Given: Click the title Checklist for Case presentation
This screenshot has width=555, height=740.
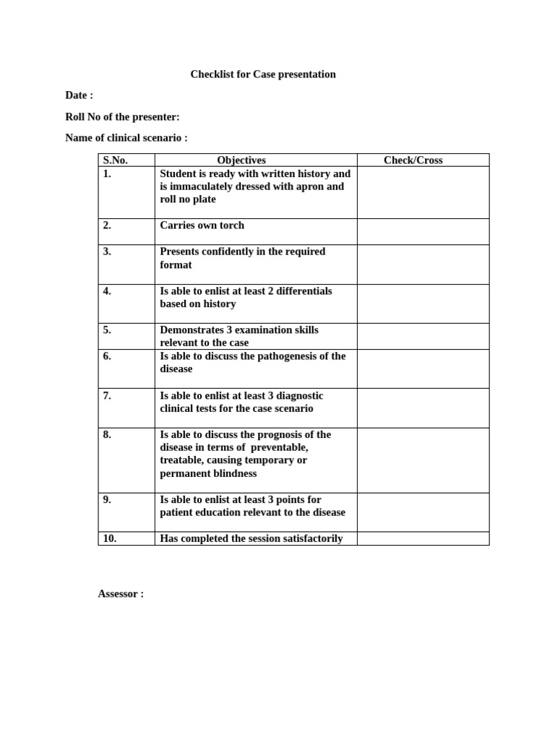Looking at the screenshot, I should pyautogui.click(x=262, y=74).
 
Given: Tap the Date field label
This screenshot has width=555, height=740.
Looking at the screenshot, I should pyautogui.click(x=79, y=95).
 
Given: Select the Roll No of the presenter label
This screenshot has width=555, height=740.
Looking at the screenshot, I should pyautogui.click(x=122, y=117).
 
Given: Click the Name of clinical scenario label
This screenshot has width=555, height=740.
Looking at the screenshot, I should pyautogui.click(x=126, y=138).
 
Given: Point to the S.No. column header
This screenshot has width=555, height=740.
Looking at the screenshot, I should pyautogui.click(x=116, y=160).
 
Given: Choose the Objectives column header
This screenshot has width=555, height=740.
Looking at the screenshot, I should pyautogui.click(x=241, y=160).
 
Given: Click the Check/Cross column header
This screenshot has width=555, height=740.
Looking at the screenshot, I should pyautogui.click(x=413, y=160).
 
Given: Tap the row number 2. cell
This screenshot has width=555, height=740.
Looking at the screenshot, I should pyautogui.click(x=107, y=225).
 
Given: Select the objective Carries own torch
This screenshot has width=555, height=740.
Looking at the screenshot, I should pyautogui.click(x=202, y=225).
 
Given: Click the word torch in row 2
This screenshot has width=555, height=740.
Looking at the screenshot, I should pyautogui.click(x=231, y=225).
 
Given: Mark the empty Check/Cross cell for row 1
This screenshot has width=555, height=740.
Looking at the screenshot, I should pyautogui.click(x=423, y=192).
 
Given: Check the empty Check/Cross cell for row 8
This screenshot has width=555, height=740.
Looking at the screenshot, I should pyautogui.click(x=423, y=460).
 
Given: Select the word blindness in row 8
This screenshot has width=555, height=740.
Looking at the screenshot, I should pyautogui.click(x=233, y=474).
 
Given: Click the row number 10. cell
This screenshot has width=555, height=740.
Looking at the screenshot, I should pyautogui.click(x=111, y=538).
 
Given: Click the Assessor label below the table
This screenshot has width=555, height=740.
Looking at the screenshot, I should pyautogui.click(x=121, y=594).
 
